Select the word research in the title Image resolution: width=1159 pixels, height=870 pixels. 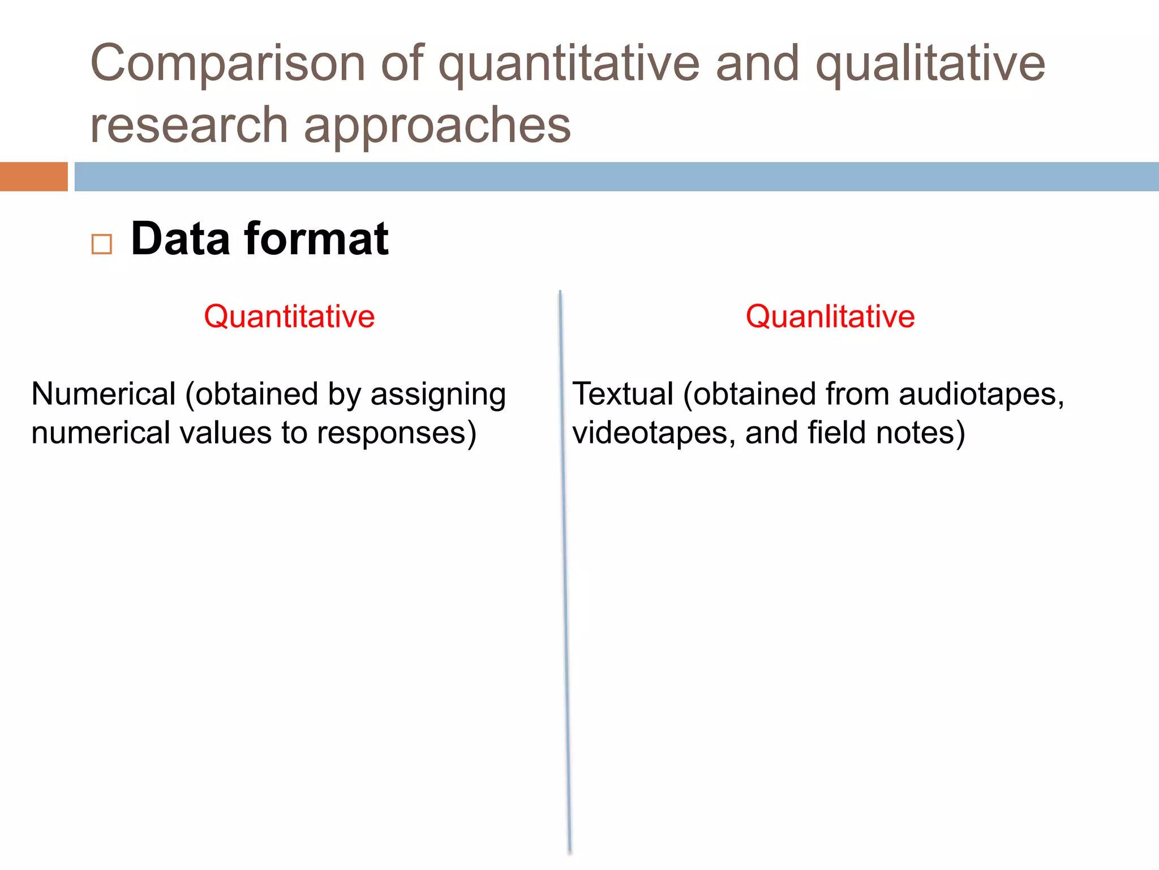pyautogui.click(x=189, y=126)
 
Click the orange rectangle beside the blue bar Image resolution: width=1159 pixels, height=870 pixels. pyautogui.click(x=33, y=177)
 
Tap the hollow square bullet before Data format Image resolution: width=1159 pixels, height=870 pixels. pyautogui.click(x=102, y=245)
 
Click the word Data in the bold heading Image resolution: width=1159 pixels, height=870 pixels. pyautogui.click(x=180, y=240)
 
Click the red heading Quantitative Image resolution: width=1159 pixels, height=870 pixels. pyautogui.click(x=289, y=317)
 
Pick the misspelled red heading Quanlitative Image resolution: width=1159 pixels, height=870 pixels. pyautogui.click(x=830, y=317)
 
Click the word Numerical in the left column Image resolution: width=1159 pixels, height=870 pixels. pyautogui.click(x=104, y=394)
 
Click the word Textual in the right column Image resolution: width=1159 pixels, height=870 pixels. pyautogui.click(x=623, y=394)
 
